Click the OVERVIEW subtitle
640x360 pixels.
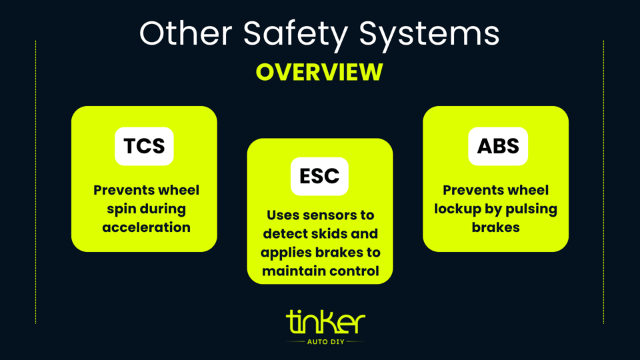319,72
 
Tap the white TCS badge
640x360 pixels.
144,146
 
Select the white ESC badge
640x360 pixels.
319,177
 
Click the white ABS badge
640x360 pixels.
498,146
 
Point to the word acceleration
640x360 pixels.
146,227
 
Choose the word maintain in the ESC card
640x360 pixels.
293,271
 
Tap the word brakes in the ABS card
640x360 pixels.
495,227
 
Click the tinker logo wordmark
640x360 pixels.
325,323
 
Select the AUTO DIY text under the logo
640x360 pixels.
325,341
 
